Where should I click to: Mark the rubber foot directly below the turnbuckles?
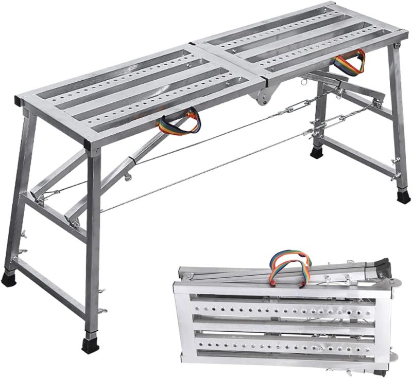coord(316,152)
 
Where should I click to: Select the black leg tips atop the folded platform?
coord(381,266)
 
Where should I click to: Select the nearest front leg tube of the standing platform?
coord(93,242)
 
